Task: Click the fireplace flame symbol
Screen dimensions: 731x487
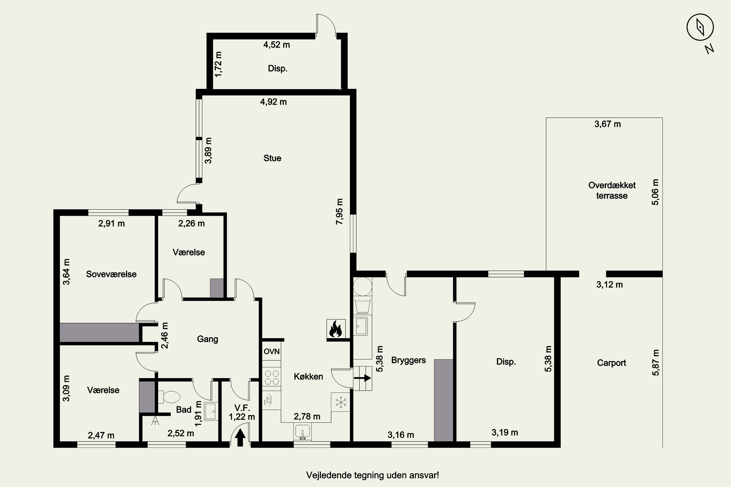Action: (x=336, y=328)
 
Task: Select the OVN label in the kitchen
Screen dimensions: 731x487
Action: (x=272, y=351)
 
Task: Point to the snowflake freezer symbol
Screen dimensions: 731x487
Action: (x=341, y=402)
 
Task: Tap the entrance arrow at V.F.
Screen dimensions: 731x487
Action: (x=240, y=437)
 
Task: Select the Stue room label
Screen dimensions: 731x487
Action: (x=272, y=158)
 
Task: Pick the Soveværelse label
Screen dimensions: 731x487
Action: (x=111, y=274)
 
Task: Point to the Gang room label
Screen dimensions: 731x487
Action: (x=207, y=339)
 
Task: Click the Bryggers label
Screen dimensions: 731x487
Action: (x=408, y=360)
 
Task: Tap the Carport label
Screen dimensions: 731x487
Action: (x=611, y=363)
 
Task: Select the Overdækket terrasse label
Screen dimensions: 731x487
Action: (x=612, y=190)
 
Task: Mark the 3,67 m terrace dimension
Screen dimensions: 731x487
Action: (x=608, y=124)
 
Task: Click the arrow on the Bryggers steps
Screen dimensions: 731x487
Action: (x=362, y=378)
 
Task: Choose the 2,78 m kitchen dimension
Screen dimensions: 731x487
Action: (x=307, y=416)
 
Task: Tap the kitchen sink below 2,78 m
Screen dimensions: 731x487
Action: (x=302, y=432)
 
